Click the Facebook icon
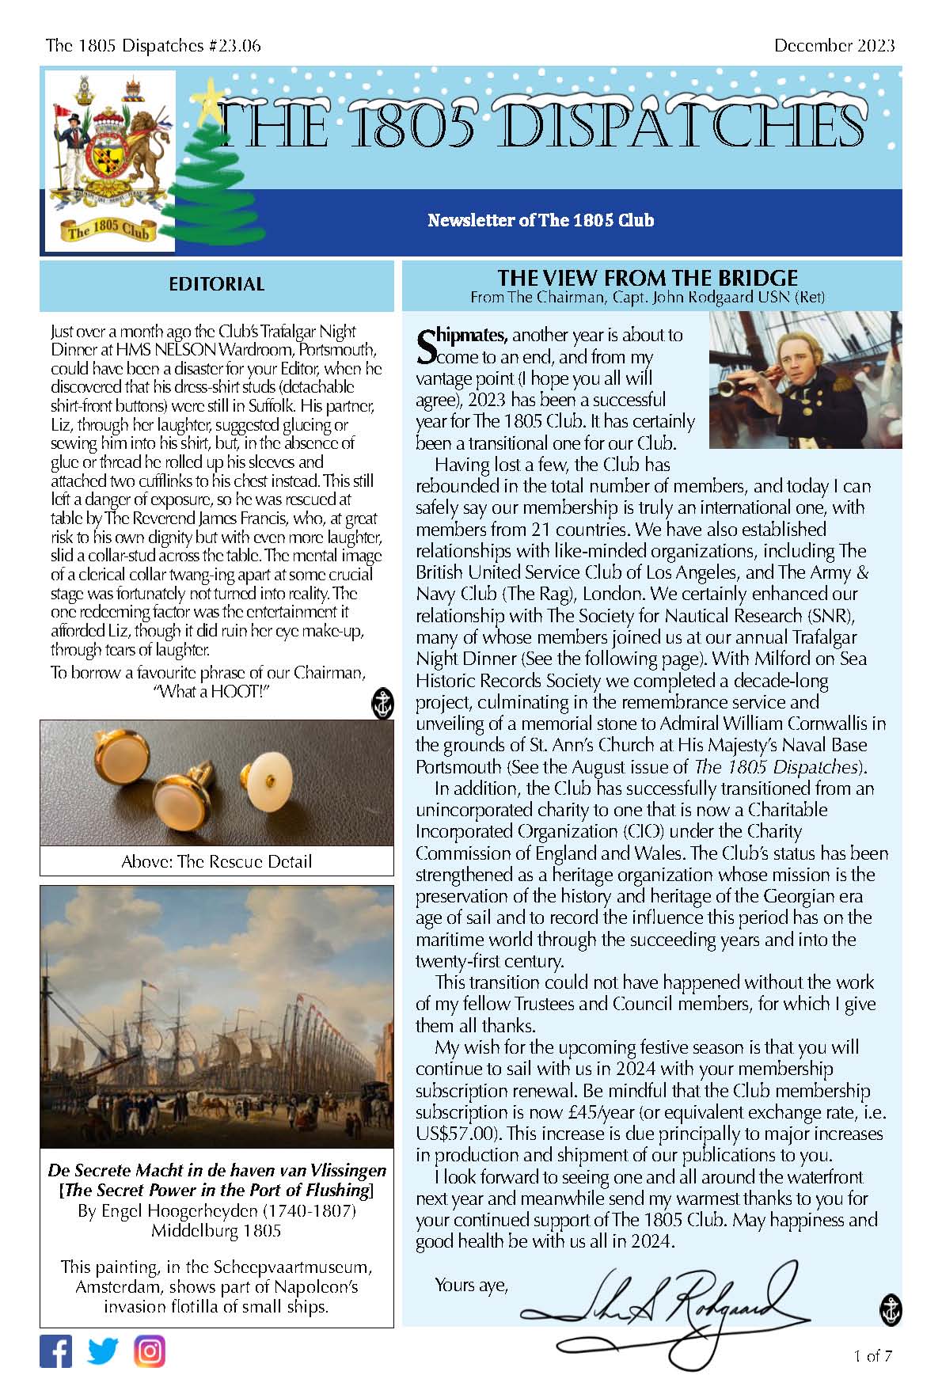55,1351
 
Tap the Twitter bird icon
102,1351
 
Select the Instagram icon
150,1351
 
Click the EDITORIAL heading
216,284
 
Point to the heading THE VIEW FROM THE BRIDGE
648,278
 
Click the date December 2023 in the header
834,45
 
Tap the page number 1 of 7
873,1355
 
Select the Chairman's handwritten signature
665,1311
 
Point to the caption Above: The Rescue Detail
216,861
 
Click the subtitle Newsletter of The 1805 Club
541,220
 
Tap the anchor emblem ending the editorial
382,704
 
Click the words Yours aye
470,1284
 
